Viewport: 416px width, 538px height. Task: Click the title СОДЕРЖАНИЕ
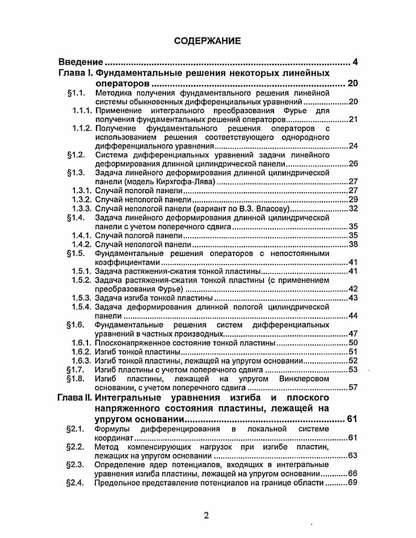point(207,40)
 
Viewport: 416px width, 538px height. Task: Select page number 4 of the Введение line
point(355,62)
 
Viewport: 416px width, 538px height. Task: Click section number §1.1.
point(76,93)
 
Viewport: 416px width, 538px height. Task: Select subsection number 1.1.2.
point(82,129)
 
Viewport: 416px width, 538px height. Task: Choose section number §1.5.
point(76,254)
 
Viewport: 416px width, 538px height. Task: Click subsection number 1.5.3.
point(82,298)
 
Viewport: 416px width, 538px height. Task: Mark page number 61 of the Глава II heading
point(352,419)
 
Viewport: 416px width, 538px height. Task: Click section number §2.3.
point(76,465)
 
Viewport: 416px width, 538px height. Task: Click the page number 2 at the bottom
point(206,515)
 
